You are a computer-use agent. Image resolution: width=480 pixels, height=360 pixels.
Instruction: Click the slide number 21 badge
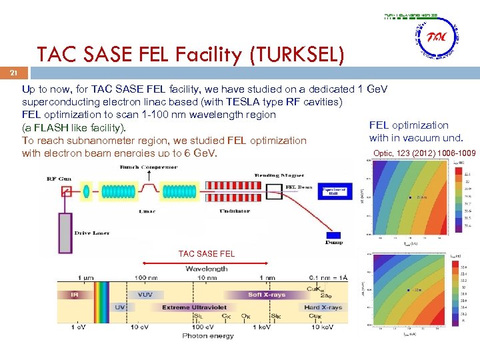tap(13, 71)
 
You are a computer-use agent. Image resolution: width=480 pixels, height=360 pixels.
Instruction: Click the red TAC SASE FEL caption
tap(207, 253)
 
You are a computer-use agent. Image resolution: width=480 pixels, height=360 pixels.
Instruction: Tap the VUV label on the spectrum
tap(145, 294)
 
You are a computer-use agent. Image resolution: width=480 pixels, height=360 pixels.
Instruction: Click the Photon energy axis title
tap(208, 336)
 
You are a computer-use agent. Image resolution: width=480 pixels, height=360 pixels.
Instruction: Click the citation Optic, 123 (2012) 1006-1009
tap(425, 153)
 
